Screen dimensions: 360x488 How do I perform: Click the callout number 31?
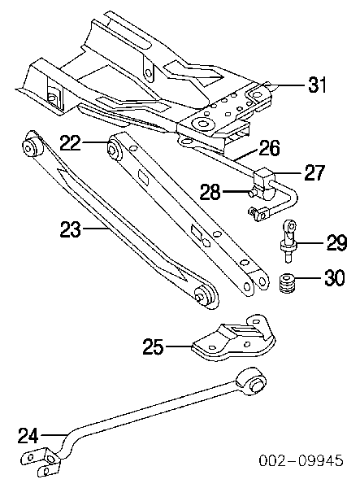(318, 85)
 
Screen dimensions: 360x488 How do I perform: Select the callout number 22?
(70, 143)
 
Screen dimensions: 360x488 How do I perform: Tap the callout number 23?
(71, 229)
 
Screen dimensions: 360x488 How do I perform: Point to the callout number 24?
(28, 435)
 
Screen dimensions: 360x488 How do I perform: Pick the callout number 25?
(153, 346)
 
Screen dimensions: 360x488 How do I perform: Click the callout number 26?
(269, 148)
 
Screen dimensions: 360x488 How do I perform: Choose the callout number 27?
(314, 172)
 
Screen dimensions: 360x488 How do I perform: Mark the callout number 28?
(210, 192)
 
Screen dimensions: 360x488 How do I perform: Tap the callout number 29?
(336, 242)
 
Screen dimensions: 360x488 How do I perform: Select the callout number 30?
(335, 277)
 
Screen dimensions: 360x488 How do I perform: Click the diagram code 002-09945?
(301, 460)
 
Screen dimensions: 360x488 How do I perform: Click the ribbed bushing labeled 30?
(287, 282)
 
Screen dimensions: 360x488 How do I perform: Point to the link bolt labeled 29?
(288, 241)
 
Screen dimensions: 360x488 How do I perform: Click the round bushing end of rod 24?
(251, 382)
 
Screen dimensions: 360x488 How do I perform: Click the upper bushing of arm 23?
(33, 145)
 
